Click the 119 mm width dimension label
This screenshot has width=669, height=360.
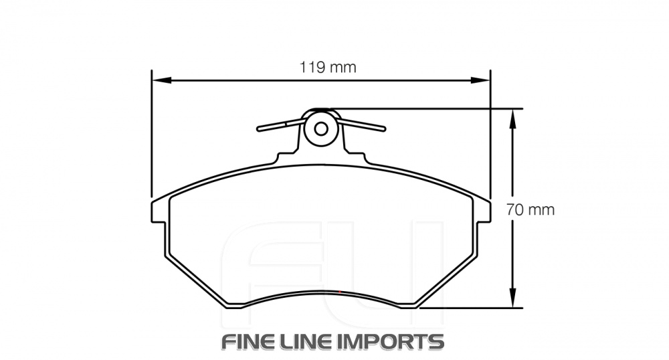(327, 67)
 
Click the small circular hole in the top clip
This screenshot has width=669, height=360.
(320, 128)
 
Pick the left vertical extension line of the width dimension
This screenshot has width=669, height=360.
(153, 134)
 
